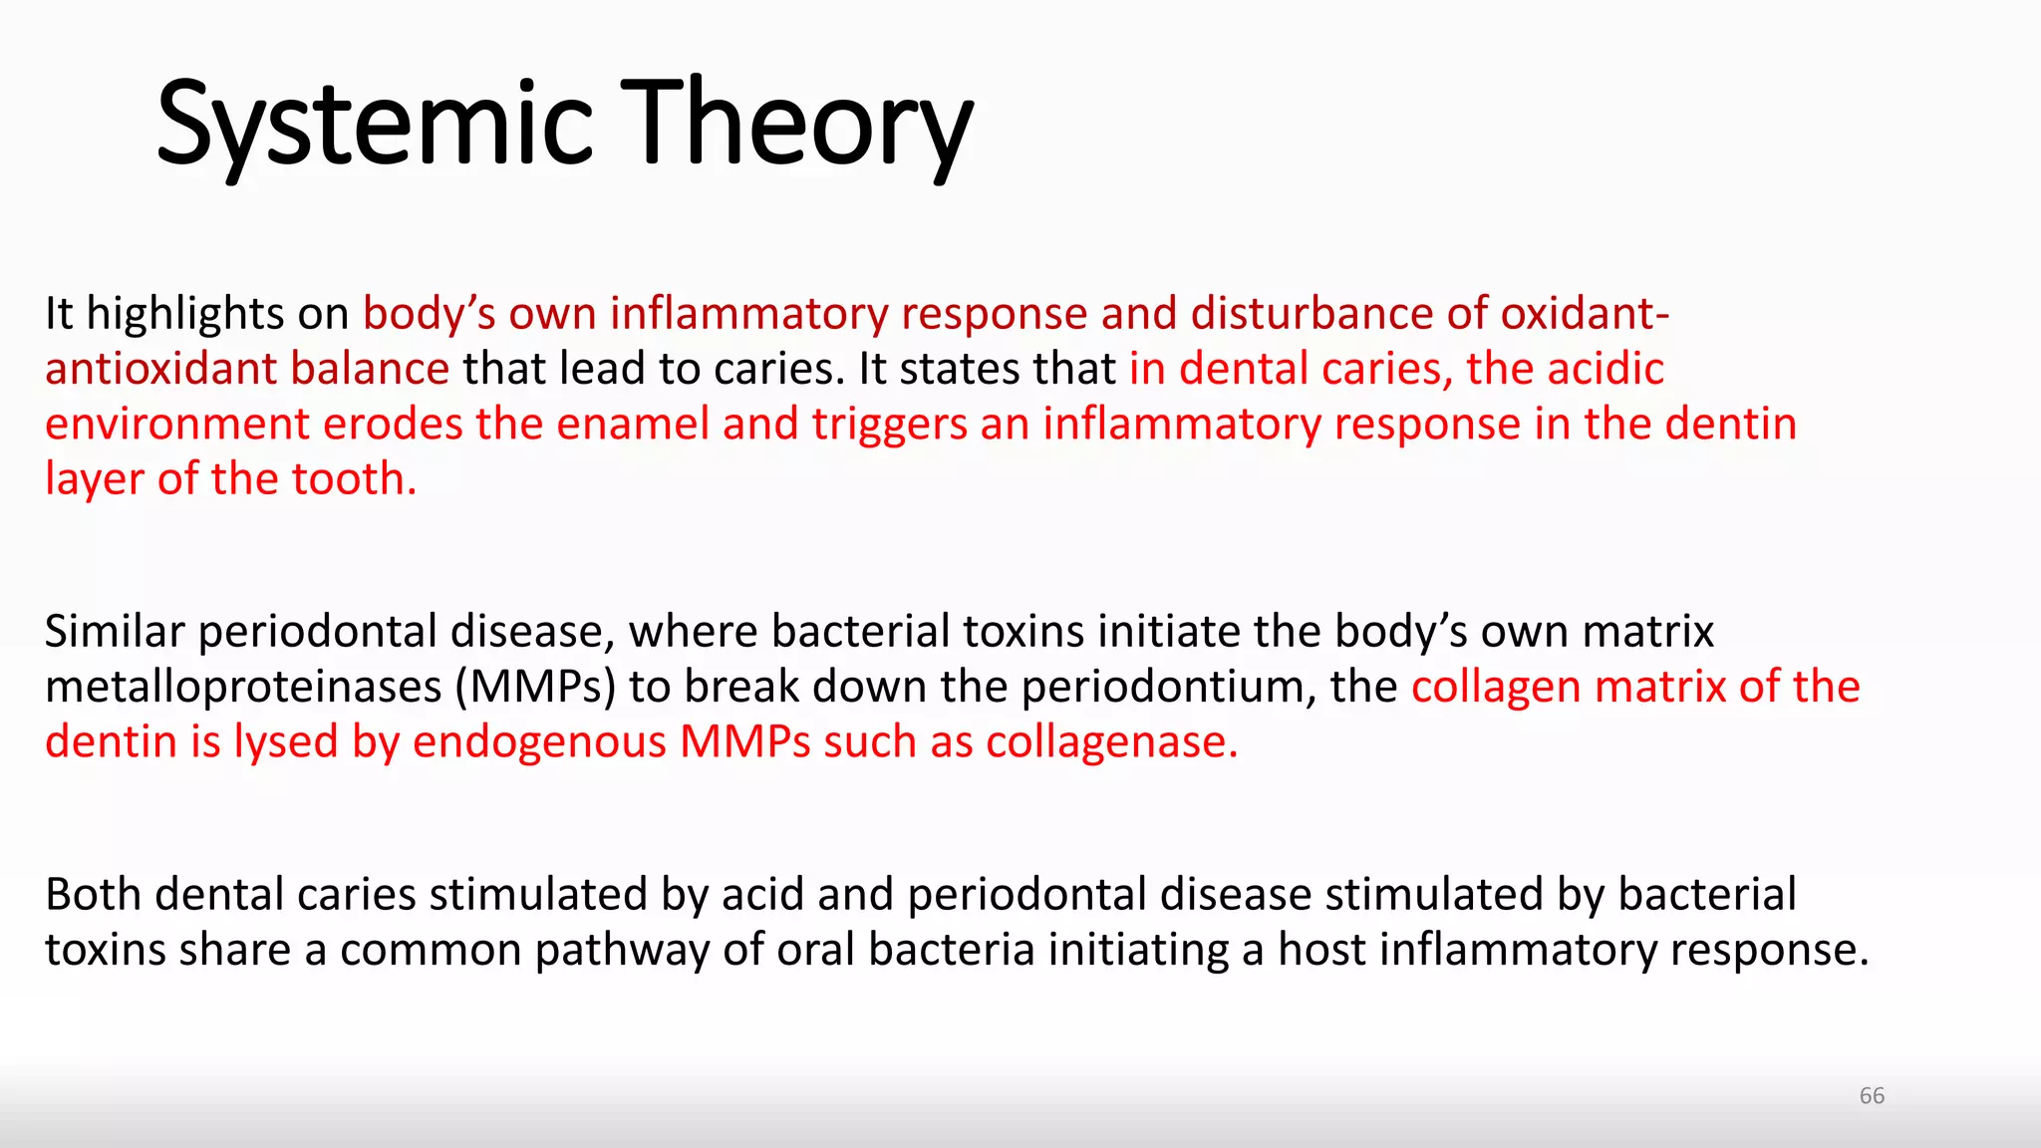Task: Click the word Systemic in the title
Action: point(375,125)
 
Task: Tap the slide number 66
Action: point(1872,1095)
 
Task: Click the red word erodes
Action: point(393,424)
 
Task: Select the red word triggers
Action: point(889,426)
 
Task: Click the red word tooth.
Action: point(354,479)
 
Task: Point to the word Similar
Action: point(115,632)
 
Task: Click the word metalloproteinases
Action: point(243,688)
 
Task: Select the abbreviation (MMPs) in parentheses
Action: point(535,688)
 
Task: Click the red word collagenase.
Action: point(1111,742)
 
